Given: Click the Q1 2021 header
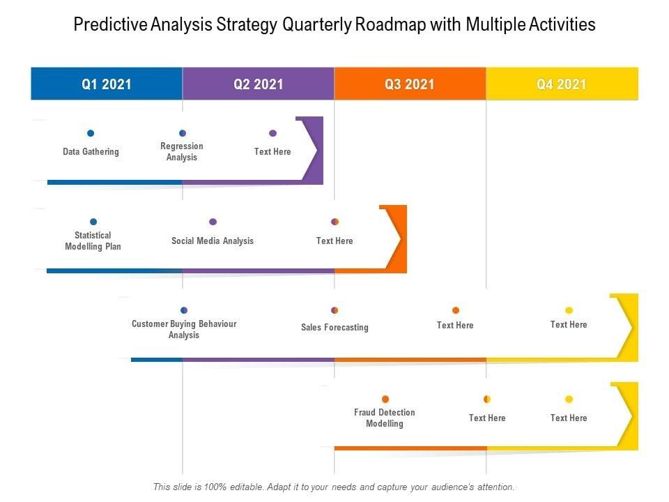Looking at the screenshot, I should [107, 84].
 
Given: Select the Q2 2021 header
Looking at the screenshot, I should [259, 84].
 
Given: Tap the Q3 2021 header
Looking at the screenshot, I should [410, 84].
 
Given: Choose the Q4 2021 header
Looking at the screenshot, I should [562, 84].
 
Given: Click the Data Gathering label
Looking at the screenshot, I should [91, 152].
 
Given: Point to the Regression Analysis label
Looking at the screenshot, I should [182, 152].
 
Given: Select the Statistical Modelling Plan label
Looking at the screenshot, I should [93, 241].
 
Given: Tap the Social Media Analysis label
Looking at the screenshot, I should [213, 241].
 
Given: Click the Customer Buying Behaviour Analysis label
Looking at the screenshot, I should [184, 330].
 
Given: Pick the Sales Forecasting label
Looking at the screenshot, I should [334, 328].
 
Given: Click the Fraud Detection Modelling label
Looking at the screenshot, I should [385, 418].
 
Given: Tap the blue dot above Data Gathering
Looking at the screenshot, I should [91, 133].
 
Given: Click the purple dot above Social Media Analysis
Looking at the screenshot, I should [213, 222].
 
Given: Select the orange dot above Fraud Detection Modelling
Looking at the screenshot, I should [385, 400].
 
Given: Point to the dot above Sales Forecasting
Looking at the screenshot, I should [334, 310].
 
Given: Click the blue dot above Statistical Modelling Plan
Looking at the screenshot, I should [93, 222].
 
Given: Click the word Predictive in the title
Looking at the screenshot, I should [105, 25].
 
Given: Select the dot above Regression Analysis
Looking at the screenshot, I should [183, 133].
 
